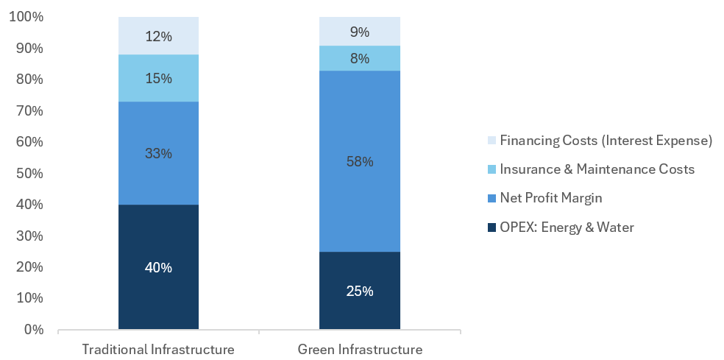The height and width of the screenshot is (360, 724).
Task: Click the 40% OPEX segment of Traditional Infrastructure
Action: click(x=158, y=267)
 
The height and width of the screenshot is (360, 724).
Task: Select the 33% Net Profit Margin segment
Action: click(x=158, y=153)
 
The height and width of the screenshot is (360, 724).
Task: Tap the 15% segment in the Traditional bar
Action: click(x=158, y=78)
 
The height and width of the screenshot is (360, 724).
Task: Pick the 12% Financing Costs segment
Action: click(x=158, y=36)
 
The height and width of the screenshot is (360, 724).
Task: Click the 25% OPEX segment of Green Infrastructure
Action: click(x=360, y=290)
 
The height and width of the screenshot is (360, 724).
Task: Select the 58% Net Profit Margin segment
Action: click(x=360, y=161)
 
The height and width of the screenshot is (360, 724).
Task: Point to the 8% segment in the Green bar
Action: click(x=360, y=58)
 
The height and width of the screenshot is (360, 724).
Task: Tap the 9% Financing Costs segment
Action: click(x=360, y=32)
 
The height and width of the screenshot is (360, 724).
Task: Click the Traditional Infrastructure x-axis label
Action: click(x=158, y=348)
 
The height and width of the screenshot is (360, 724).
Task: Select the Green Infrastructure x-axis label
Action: click(x=360, y=348)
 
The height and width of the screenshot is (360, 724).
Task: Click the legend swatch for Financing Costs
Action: click(x=490, y=140)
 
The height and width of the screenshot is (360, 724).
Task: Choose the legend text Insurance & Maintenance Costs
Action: click(x=597, y=169)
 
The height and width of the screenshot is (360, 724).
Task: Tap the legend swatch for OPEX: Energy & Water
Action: click(x=490, y=227)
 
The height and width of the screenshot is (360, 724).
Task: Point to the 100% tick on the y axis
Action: click(x=26, y=17)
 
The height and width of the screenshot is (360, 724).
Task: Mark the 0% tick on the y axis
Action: click(x=32, y=329)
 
